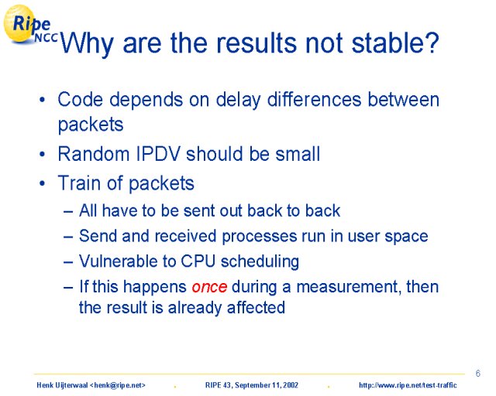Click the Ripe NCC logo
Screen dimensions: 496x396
pyautogui.click(x=30, y=25)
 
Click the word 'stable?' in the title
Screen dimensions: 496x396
pyautogui.click(x=395, y=43)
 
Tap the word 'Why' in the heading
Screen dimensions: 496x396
pyautogui.click(x=87, y=45)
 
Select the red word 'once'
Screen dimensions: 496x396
pyautogui.click(x=209, y=287)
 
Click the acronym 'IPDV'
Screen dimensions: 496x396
pyautogui.click(x=158, y=154)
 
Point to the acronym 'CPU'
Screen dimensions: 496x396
pyautogui.click(x=198, y=261)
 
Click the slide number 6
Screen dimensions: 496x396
pyautogui.click(x=477, y=374)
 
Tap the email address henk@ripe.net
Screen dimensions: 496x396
pyautogui.click(x=118, y=385)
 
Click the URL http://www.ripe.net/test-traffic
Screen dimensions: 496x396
pyautogui.click(x=408, y=385)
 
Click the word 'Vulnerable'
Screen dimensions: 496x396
pyautogui.click(x=119, y=261)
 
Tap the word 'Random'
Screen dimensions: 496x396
pyautogui.click(x=94, y=154)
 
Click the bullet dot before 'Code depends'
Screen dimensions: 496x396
pyautogui.click(x=42, y=101)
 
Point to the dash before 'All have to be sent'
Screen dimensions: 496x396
pyautogui.click(x=68, y=211)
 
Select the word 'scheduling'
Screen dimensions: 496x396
pyautogui.click(x=260, y=262)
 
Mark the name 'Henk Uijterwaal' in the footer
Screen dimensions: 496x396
pyautogui.click(x=62, y=385)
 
